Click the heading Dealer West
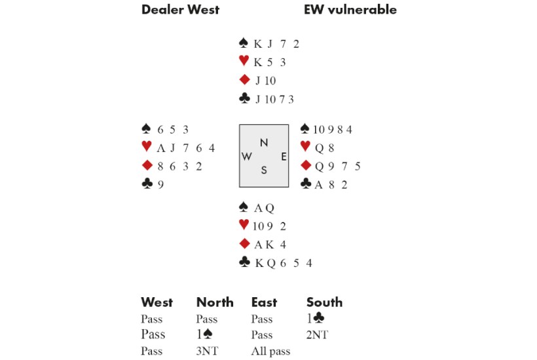click(x=180, y=10)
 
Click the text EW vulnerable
click(x=350, y=10)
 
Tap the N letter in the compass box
click(x=264, y=143)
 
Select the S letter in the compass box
click(x=264, y=170)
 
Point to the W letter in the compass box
click(x=247, y=156)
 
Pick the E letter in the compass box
click(x=283, y=156)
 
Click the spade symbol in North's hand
click(x=244, y=44)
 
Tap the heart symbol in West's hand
click(x=146, y=148)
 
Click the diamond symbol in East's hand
click(x=305, y=166)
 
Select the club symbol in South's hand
click(x=244, y=263)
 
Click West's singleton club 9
click(x=160, y=185)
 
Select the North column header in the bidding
click(x=215, y=302)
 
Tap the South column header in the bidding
click(x=324, y=302)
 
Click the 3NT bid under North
click(x=206, y=351)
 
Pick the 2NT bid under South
click(x=317, y=335)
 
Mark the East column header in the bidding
click(x=264, y=302)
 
